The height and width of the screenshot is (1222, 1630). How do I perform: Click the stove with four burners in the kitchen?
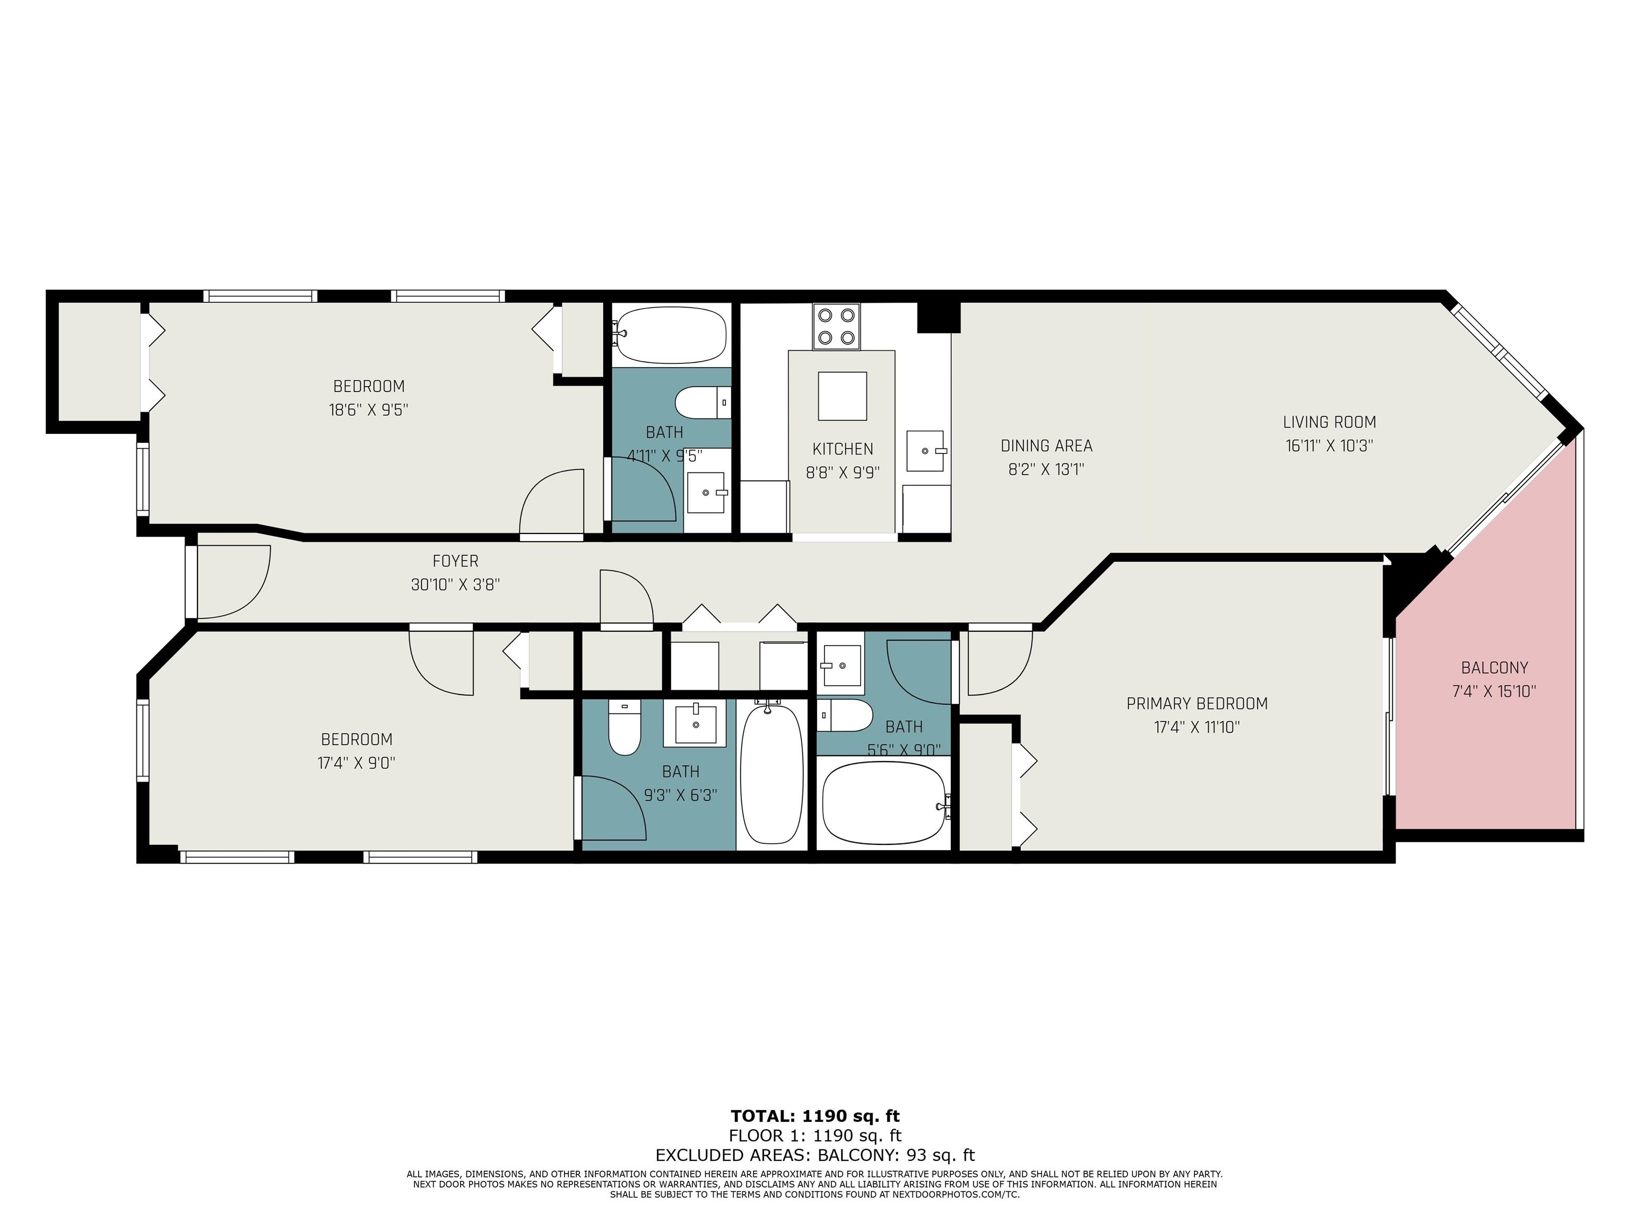click(836, 326)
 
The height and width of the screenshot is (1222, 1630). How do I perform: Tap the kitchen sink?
click(925, 451)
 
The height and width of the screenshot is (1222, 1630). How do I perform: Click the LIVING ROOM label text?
click(1329, 422)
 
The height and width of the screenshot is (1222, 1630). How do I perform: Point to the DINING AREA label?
click(1046, 446)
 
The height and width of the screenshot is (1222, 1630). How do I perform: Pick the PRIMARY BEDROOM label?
click(1197, 703)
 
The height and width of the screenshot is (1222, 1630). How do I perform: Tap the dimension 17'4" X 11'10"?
click(1197, 727)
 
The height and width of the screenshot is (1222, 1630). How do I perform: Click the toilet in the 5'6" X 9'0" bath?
click(845, 715)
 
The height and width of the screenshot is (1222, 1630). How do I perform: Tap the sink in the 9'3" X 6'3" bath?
click(696, 724)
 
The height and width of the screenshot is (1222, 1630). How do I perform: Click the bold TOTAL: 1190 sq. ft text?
click(815, 1116)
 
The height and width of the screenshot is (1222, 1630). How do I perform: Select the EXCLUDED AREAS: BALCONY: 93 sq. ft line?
click(815, 1155)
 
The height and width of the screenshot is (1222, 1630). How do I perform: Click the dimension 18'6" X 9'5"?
click(368, 409)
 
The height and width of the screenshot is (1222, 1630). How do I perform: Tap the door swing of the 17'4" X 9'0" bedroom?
click(440, 661)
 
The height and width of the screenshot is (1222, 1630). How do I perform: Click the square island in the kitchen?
click(842, 396)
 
